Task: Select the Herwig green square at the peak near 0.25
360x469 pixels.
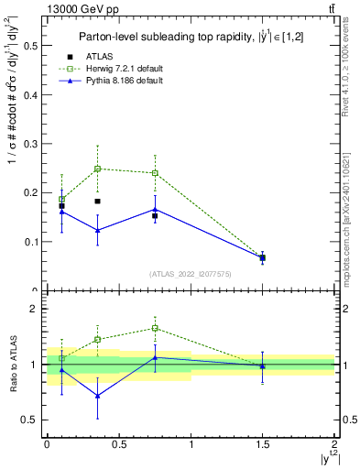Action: (x=97, y=169)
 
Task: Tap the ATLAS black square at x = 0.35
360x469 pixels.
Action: (x=97, y=201)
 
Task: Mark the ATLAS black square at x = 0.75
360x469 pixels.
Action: (x=155, y=215)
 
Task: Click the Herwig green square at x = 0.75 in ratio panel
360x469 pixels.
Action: (x=155, y=328)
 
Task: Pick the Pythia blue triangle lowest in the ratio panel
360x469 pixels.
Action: (x=97, y=396)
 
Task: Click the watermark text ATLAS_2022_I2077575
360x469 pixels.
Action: (x=191, y=273)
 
